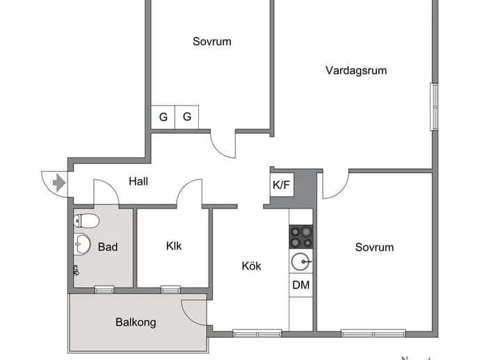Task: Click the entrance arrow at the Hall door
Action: [59, 183]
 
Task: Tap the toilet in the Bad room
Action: [86, 220]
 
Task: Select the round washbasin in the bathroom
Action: [82, 244]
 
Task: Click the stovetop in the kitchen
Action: [301, 237]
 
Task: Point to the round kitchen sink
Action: [301, 261]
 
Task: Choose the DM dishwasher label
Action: [301, 285]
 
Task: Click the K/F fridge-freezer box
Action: [282, 185]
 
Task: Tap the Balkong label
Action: [136, 322]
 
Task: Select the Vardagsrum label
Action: [356, 71]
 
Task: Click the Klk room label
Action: [174, 246]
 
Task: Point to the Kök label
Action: [251, 265]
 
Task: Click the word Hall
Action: [138, 181]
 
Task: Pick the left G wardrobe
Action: [163, 117]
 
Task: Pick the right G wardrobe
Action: [186, 117]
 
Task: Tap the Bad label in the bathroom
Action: [108, 247]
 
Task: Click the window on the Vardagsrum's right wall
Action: [434, 107]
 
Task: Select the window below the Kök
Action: [257, 334]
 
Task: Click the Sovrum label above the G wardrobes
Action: [212, 42]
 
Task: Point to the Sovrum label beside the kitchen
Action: [374, 247]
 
